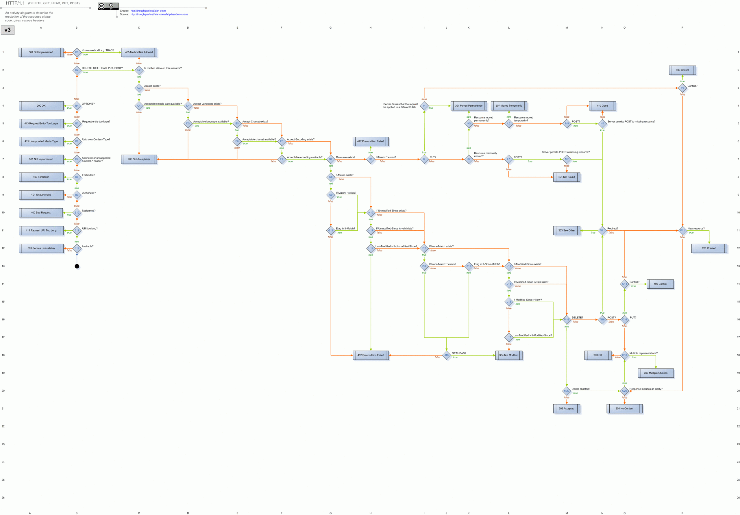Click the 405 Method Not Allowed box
pos(139,52)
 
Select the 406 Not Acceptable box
pos(139,159)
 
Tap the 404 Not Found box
pos(567,177)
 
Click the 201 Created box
pos(709,248)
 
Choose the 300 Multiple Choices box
pos(656,373)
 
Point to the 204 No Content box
pos(624,409)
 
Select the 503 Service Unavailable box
pos(41,248)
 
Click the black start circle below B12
pos(77,266)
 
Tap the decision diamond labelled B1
pos(77,52)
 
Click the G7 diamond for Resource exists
pos(331,159)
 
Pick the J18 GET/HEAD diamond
pos(446,355)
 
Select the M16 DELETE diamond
pos(567,320)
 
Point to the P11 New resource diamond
pos(682,230)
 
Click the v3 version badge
pos(8,30)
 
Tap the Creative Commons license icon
pos(108,6)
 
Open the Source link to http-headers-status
pos(159,14)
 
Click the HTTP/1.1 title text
pos(15,3)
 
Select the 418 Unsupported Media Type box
pos(41,141)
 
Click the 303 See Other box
pos(567,230)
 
